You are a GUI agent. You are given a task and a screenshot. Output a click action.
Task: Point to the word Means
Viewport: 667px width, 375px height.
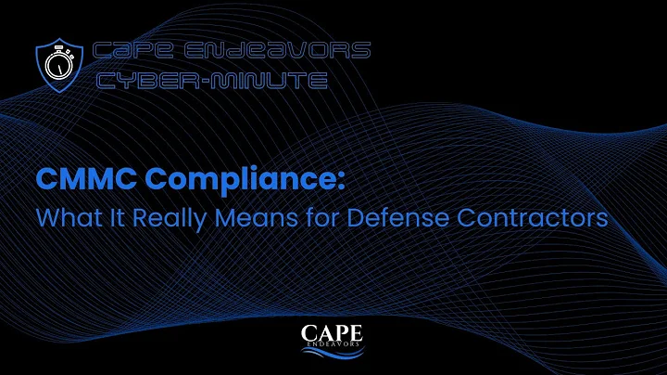point(240,219)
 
